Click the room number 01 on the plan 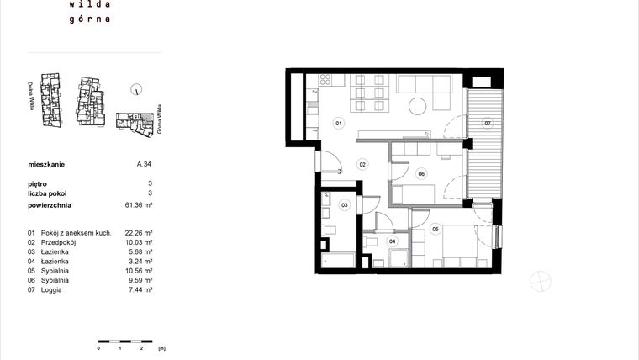click(x=339, y=124)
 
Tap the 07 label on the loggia click(x=487, y=124)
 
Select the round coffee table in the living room click(x=418, y=106)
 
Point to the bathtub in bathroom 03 click(x=338, y=260)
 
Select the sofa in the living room click(x=426, y=83)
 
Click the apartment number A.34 click(x=144, y=166)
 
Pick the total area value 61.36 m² click(x=140, y=204)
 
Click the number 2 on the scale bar click(x=141, y=347)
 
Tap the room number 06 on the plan click(x=421, y=174)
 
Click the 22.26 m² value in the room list click(x=140, y=232)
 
